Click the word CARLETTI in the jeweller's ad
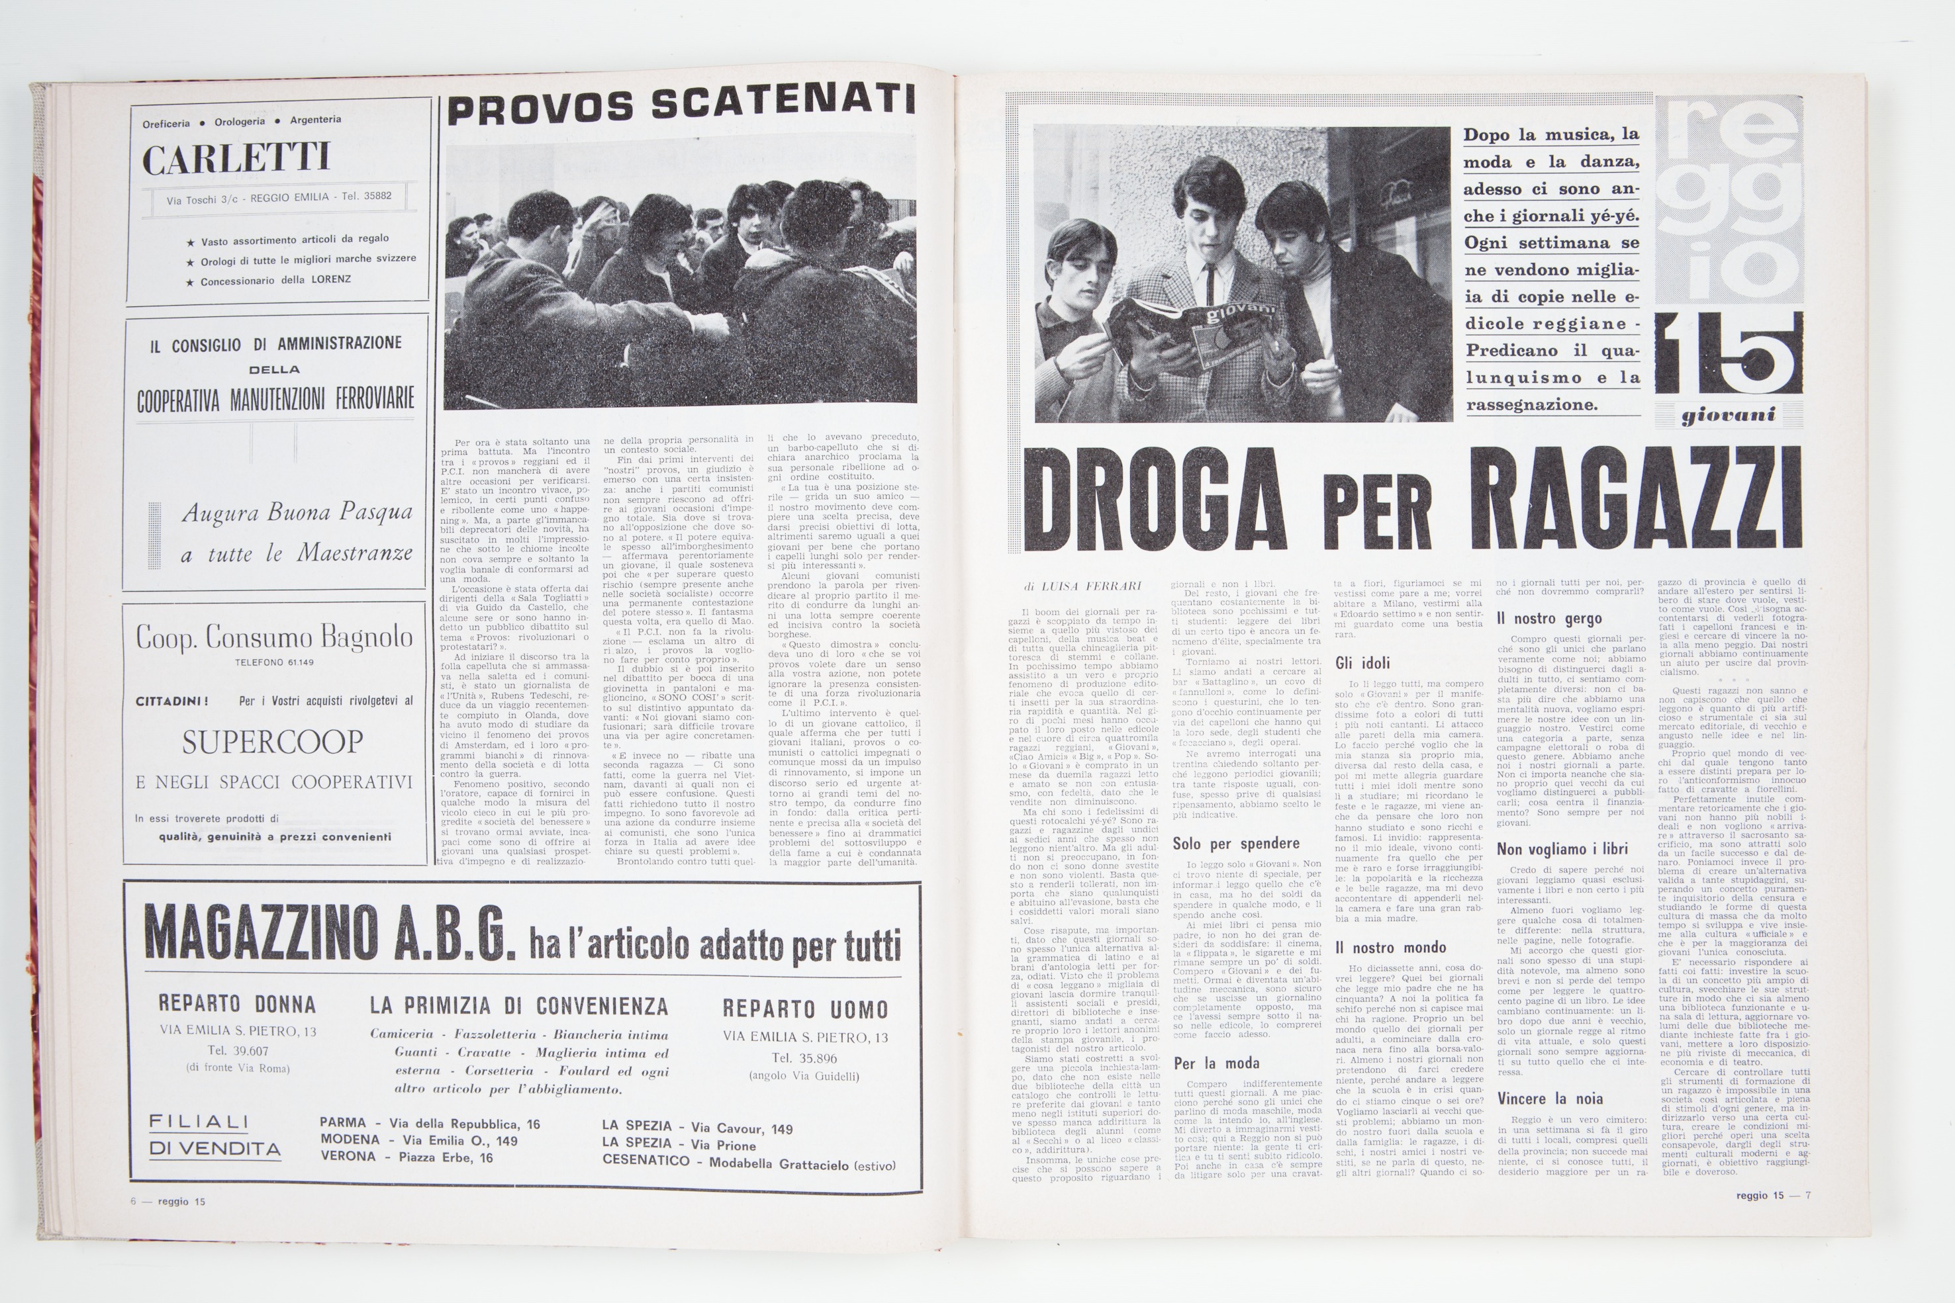[236, 158]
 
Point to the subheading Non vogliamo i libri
[1561, 848]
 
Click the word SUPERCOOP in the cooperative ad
[273, 742]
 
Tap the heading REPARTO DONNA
[237, 1004]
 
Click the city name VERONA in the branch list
[348, 1156]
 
